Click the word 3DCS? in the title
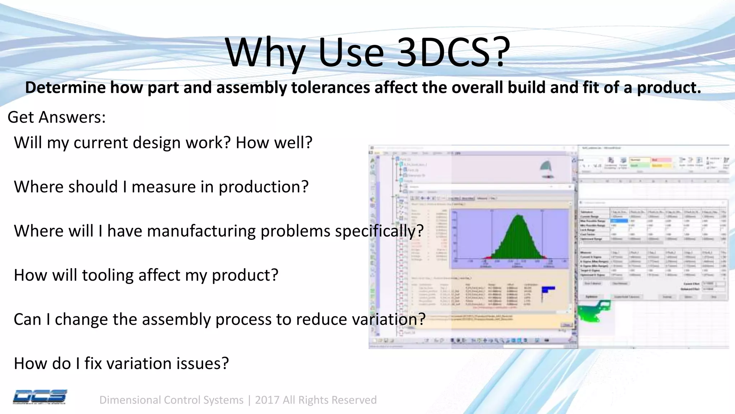pyautogui.click(x=453, y=53)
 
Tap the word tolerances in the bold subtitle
pyautogui.click(x=330, y=88)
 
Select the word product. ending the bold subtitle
pyautogui.click(x=669, y=88)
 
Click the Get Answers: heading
pyautogui.click(x=57, y=117)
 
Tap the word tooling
pyautogui.click(x=107, y=275)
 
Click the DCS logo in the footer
pyautogui.click(x=40, y=397)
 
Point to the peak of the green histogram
pyautogui.click(x=519, y=216)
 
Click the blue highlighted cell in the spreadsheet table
pyautogui.click(x=619, y=221)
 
